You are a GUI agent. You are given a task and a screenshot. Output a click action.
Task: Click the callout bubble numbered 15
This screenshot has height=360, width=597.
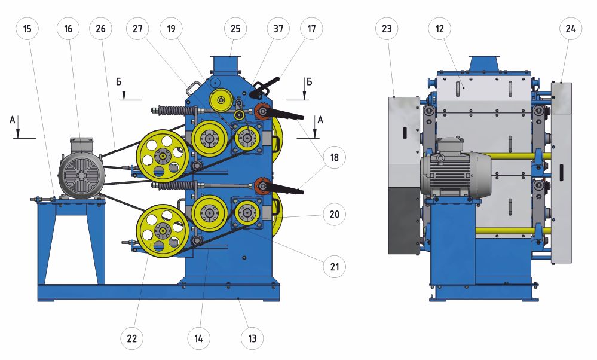coord(27,29)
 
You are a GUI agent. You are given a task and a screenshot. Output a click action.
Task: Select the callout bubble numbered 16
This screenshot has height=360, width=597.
coord(68,29)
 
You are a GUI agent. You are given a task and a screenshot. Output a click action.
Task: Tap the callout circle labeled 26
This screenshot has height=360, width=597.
coord(101,29)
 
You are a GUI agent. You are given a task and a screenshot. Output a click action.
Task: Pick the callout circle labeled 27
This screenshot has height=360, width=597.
coord(138,29)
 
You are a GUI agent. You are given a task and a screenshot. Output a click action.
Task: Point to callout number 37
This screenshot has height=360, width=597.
coord(278,29)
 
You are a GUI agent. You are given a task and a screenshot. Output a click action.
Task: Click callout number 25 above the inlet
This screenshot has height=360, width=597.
coord(235,29)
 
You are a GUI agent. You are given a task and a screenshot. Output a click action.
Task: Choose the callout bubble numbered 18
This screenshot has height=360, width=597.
coord(334,157)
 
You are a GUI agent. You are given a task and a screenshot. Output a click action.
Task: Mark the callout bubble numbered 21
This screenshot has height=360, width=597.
coord(334,266)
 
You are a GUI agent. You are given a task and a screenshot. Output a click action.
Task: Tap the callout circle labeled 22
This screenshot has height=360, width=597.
coord(131,338)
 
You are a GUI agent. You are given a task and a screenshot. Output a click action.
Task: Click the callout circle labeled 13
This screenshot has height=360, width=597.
coord(252,338)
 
